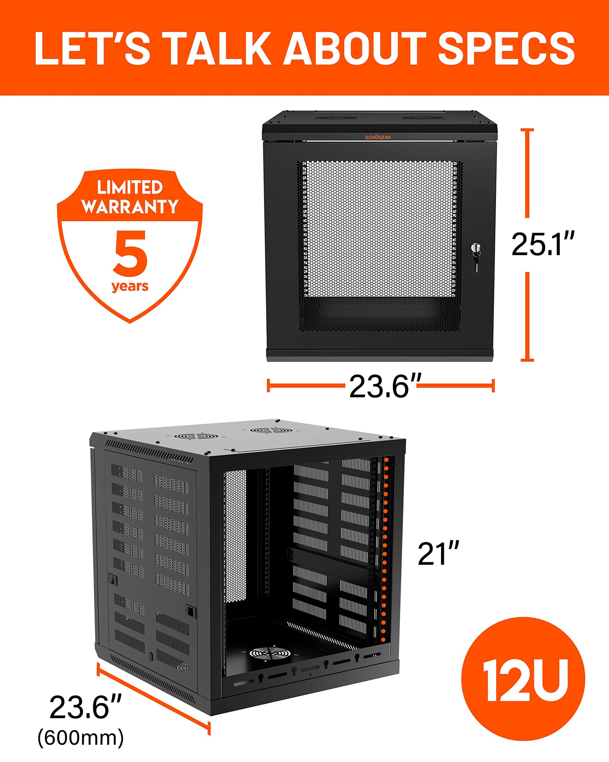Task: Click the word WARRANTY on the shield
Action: (130, 206)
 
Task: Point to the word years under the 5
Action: (130, 286)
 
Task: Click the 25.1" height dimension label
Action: (543, 245)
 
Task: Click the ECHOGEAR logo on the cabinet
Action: (378, 137)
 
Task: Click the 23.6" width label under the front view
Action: (385, 386)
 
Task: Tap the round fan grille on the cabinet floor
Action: (270, 654)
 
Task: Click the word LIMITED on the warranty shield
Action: (130, 187)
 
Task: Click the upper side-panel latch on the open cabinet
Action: (113, 580)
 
